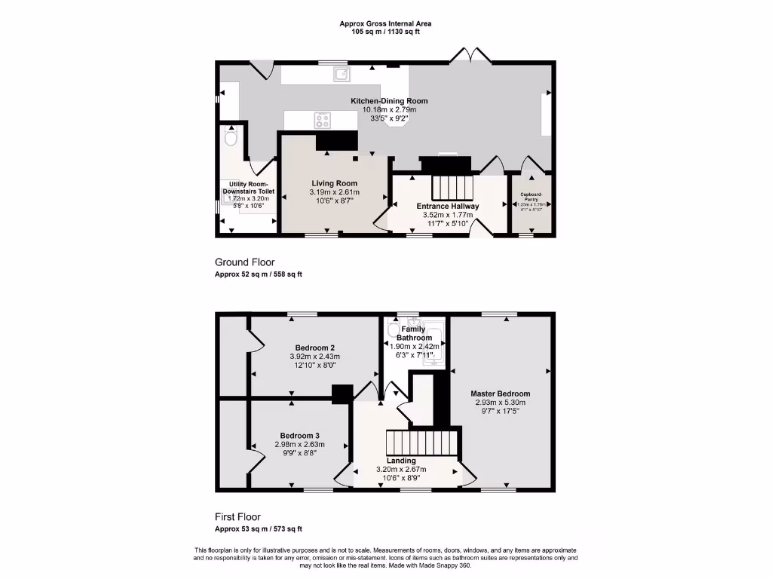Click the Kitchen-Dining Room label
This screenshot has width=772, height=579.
[389, 101]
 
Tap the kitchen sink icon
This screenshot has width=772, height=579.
[342, 74]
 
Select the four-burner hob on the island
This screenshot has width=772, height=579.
[322, 119]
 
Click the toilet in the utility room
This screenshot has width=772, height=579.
[231, 137]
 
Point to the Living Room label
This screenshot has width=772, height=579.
[335, 183]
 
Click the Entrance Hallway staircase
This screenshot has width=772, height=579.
[451, 185]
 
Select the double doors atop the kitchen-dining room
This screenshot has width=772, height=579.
[469, 54]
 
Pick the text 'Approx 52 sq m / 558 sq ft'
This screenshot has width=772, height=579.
[259, 275]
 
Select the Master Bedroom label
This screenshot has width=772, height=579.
[500, 394]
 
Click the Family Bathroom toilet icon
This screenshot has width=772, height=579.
[392, 330]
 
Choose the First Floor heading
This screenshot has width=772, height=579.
[237, 517]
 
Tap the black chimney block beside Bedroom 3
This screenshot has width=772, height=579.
[342, 394]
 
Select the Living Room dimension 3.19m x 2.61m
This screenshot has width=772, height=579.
[335, 192]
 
